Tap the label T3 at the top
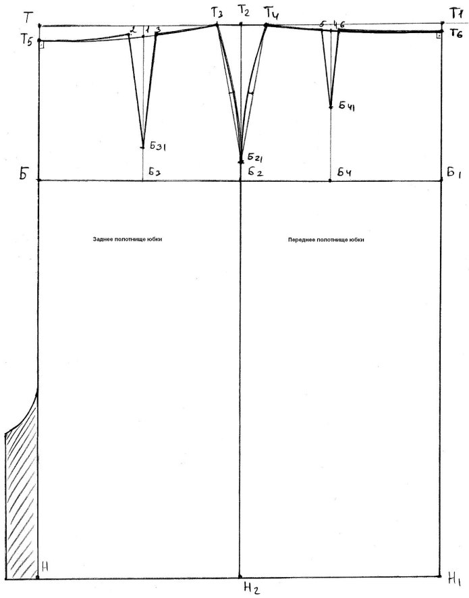pos(217,13)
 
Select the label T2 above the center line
pos(243,11)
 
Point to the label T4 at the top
pos(272,14)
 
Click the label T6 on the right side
pos(456,33)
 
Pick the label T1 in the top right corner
pos(456,14)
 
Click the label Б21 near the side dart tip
pos(255,157)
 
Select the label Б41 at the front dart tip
pos(347,106)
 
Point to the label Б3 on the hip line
pos(155,172)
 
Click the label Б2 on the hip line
pos(256,172)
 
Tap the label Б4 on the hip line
pos(344,173)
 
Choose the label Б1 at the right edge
pos(454,174)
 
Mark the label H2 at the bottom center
pos(252,589)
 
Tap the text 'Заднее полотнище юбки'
pos(128,239)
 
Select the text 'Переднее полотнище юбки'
pos(326,240)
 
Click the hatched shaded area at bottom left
pos(22,503)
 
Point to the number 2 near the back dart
pos(134,29)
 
